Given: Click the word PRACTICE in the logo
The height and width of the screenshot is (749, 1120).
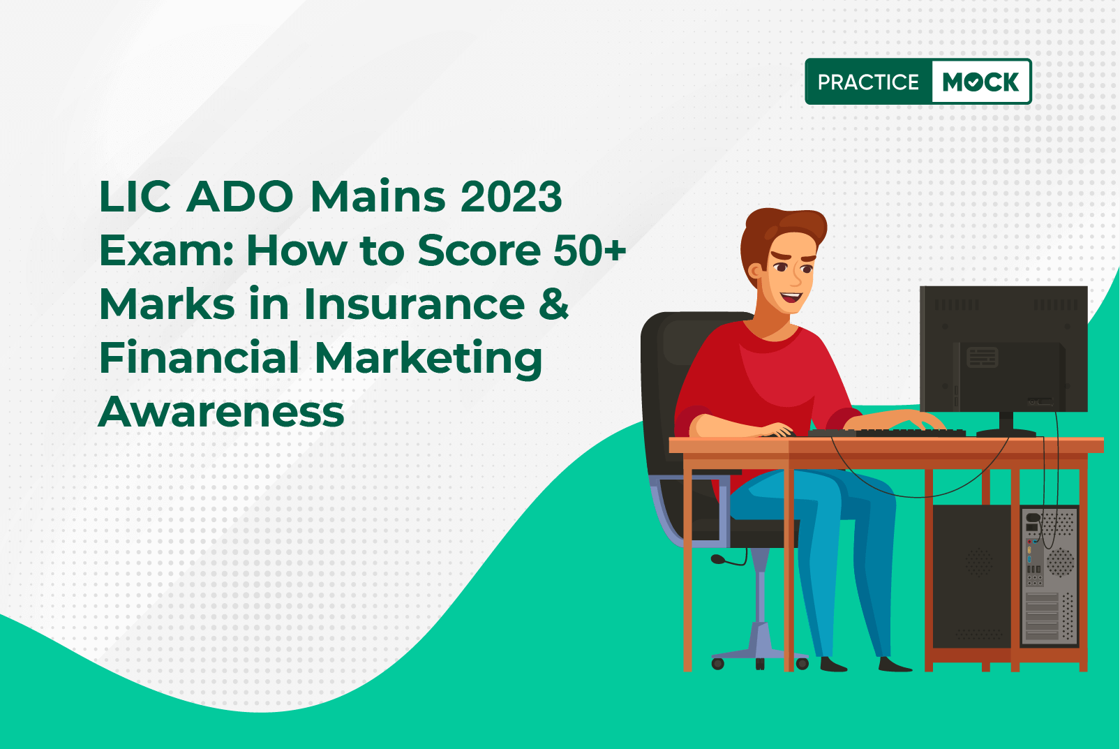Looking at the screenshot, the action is [x=868, y=82].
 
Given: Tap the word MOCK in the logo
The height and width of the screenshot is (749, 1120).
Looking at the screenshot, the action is [x=980, y=82].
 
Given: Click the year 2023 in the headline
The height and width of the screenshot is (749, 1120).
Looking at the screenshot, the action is [x=511, y=197].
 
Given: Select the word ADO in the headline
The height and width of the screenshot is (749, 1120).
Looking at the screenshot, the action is [x=239, y=197].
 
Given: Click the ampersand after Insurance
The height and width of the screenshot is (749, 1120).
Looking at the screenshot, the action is [x=554, y=304].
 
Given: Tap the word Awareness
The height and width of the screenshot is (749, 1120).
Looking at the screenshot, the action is [x=221, y=412].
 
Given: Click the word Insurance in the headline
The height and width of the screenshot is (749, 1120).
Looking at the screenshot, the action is [x=414, y=304].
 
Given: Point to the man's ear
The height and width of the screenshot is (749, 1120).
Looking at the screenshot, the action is [x=754, y=272].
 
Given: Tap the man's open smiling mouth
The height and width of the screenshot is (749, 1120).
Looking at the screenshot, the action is [x=791, y=297].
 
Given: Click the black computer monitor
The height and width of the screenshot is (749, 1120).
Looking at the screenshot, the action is [x=1003, y=350].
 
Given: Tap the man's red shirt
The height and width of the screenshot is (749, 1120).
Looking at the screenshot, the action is [x=765, y=380].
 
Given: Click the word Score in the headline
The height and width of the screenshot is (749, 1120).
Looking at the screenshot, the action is [x=479, y=250].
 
